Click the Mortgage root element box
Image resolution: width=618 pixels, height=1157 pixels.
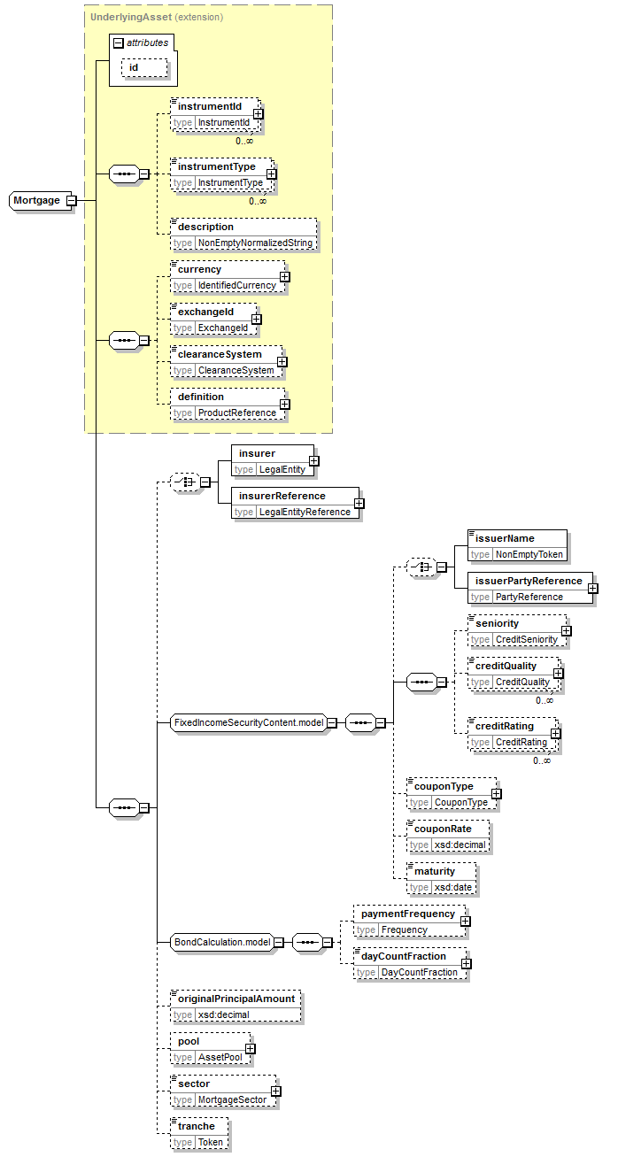(x=37, y=200)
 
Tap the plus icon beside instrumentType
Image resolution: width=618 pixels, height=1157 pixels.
(x=272, y=174)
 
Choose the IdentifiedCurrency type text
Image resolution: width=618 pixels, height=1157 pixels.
(x=236, y=285)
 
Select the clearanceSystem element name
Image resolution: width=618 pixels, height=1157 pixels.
(x=220, y=354)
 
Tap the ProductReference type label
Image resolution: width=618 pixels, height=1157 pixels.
(x=236, y=413)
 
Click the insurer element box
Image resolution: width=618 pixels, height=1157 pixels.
(x=271, y=460)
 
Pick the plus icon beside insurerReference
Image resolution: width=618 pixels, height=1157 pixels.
(x=359, y=504)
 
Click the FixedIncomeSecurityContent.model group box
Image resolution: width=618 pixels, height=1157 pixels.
(x=247, y=722)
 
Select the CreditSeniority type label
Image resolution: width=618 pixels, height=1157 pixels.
(x=526, y=639)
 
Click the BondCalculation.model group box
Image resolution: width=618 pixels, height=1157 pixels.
(x=220, y=942)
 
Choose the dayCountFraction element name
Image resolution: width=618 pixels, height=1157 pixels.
(x=409, y=956)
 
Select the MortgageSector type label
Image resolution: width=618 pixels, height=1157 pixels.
(x=232, y=1099)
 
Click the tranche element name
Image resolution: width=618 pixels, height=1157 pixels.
(x=196, y=1126)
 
